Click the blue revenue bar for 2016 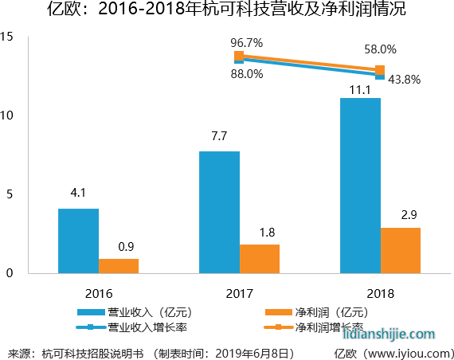pos(78,241)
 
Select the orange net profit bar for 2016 pos(119,266)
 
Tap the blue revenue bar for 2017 pos(219,212)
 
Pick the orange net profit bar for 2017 pos(260,259)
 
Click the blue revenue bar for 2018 pos(360,186)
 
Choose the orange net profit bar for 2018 pos(401,250)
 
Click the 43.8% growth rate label pos(404,80)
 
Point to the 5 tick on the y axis pos(10,194)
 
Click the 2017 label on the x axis pos(239,292)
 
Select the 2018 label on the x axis pos(380,292)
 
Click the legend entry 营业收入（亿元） pos(147,312)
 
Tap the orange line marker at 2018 pos(380,69)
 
